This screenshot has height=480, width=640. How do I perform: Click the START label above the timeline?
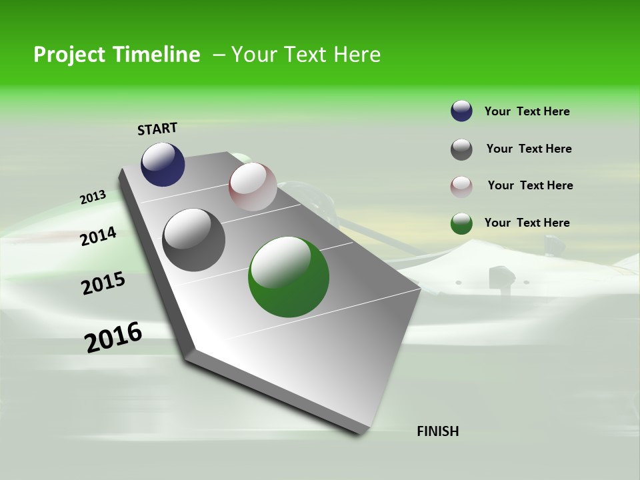coord(157,129)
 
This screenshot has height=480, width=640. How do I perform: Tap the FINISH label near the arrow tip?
coord(438,431)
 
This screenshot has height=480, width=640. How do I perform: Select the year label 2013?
coord(93,197)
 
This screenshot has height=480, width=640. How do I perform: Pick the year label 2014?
coord(98,237)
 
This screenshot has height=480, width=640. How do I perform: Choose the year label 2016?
coord(113,337)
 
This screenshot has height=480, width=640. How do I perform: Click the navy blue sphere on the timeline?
coord(163,165)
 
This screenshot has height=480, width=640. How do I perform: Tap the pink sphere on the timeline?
coord(253,186)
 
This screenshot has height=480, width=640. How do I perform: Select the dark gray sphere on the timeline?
coord(194,240)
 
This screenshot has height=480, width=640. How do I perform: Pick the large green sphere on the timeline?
coord(289,277)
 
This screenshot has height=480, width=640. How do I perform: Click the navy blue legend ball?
coord(461,111)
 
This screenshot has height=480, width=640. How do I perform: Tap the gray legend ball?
coord(461,149)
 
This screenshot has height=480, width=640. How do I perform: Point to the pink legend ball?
coord(461,187)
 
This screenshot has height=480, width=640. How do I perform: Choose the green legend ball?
coord(461,223)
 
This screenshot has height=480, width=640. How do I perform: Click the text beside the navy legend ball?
coord(527,112)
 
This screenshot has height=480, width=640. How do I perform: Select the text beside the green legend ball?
coord(527,223)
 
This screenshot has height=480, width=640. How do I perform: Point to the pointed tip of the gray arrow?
coord(363,433)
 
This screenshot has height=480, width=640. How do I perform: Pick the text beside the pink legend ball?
coord(530,185)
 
